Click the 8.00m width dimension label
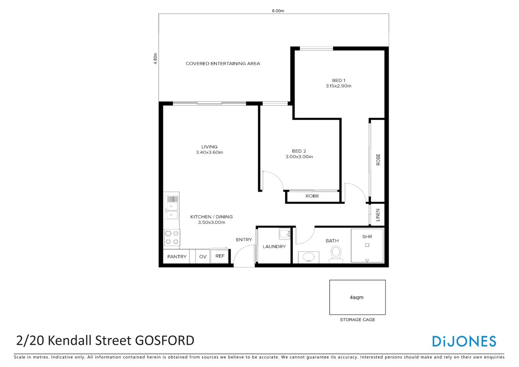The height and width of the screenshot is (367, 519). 278,11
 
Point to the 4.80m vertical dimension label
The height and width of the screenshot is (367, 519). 155,58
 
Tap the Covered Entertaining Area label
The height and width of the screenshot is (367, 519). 223,63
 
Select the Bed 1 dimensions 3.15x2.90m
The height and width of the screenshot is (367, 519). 338,86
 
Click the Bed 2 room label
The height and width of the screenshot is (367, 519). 299,151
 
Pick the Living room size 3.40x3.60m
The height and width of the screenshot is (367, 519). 209,152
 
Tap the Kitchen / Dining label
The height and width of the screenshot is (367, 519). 212,217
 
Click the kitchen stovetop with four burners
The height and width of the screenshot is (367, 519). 172,237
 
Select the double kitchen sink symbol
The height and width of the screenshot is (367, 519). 171,211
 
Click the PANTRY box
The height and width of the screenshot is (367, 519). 177,257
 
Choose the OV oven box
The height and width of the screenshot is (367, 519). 203,257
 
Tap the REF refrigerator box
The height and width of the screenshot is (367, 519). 220,256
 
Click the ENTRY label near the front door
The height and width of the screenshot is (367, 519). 244,240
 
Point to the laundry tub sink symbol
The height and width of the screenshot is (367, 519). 284,234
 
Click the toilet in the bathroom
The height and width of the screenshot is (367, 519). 336,253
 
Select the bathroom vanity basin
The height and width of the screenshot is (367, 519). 309,257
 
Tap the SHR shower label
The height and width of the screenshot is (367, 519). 367,237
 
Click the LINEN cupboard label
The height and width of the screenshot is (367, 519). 378,215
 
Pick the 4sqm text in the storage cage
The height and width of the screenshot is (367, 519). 356,297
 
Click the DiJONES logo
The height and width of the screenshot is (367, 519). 464,341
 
